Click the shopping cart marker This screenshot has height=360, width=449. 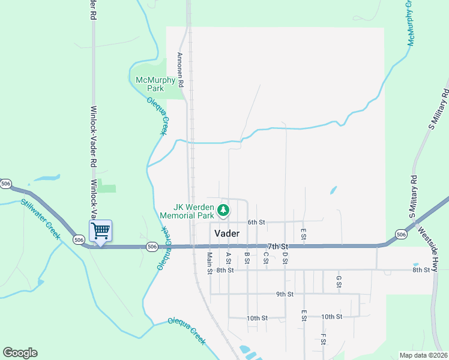(100, 230)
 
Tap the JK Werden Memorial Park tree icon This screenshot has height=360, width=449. (223, 210)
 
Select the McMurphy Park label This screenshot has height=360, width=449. (155, 84)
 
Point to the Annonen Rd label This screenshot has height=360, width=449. (179, 68)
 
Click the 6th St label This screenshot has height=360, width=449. (256, 222)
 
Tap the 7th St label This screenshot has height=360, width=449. (278, 247)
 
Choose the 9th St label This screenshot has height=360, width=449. (285, 294)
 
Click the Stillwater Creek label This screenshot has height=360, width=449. (41, 219)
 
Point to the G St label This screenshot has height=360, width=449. (339, 281)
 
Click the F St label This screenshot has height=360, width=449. (323, 339)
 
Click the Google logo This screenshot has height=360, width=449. (20, 353)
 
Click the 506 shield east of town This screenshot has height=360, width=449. (401, 233)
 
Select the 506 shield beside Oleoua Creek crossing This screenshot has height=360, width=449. (152, 247)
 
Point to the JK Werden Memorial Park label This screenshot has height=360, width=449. (187, 211)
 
